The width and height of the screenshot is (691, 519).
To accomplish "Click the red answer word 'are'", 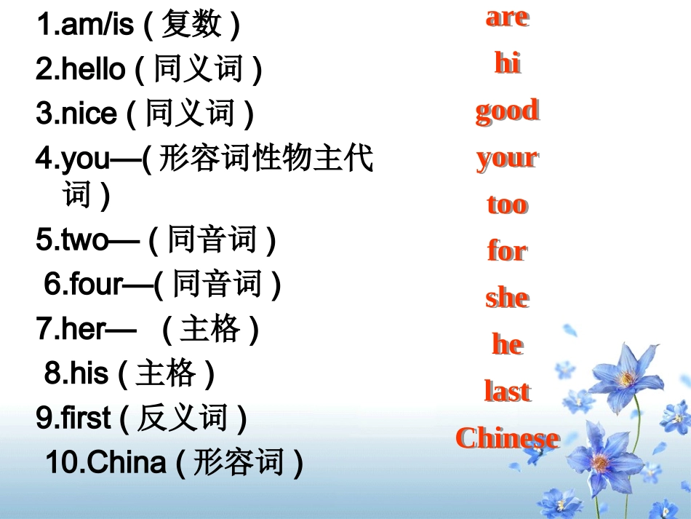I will (507, 17).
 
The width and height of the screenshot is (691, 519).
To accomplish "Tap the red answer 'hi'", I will (507, 63).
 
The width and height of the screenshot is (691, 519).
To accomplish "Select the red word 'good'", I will (507, 111).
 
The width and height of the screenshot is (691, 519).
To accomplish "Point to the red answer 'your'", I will (507, 158).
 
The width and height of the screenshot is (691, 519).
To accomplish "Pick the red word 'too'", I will (507, 204).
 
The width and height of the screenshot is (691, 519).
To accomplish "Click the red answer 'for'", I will (507, 251).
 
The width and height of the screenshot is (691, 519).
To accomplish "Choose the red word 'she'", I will (507, 298).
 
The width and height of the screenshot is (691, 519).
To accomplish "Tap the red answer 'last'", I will (507, 391).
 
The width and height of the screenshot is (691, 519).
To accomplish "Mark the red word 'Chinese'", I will (507, 437).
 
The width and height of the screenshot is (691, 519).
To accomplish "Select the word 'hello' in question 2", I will (93, 70).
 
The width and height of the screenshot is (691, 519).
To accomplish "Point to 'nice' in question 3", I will (89, 114).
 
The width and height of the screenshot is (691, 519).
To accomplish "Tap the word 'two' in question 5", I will (84, 241).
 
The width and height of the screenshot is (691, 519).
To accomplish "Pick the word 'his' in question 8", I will (89, 374).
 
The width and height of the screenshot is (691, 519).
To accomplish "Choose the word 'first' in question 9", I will (86, 419).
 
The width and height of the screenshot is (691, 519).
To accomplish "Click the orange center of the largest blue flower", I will (626, 378).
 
